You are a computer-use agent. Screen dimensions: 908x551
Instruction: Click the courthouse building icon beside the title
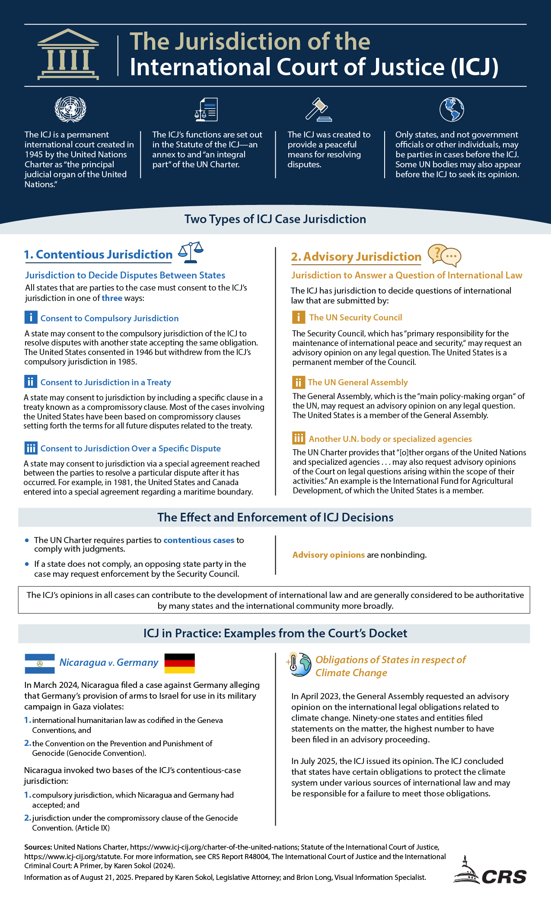tap(68, 54)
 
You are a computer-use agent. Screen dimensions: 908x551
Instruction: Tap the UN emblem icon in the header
tap(70, 109)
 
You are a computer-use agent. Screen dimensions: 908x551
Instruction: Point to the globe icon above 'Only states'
tap(452, 109)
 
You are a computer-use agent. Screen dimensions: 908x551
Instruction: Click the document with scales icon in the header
tap(206, 110)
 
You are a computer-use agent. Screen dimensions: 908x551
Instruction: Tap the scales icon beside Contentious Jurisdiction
tap(191, 253)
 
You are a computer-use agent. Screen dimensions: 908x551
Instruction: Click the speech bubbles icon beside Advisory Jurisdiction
tap(444, 255)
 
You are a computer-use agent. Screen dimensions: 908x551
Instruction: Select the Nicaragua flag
tap(40, 663)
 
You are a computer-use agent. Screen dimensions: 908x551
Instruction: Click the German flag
tap(180, 663)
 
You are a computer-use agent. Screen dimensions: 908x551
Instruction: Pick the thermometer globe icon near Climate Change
tap(299, 665)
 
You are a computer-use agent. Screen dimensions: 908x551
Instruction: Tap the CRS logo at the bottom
tap(490, 871)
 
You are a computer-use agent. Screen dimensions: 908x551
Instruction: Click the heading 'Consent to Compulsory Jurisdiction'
tap(109, 318)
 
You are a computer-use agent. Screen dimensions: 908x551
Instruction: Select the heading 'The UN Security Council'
tap(356, 317)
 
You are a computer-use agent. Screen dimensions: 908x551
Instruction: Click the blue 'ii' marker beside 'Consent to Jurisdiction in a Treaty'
tap(31, 382)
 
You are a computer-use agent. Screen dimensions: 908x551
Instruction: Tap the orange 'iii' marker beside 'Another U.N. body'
tap(299, 438)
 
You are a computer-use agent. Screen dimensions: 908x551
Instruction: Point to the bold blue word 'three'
tap(112, 298)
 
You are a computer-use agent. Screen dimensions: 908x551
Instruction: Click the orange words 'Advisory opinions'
tap(328, 555)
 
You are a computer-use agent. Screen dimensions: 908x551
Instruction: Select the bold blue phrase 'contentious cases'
tap(199, 540)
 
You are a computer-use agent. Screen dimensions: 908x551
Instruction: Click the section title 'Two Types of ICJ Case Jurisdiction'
tap(275, 219)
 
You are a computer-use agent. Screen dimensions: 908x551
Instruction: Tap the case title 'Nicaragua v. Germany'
tap(109, 662)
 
